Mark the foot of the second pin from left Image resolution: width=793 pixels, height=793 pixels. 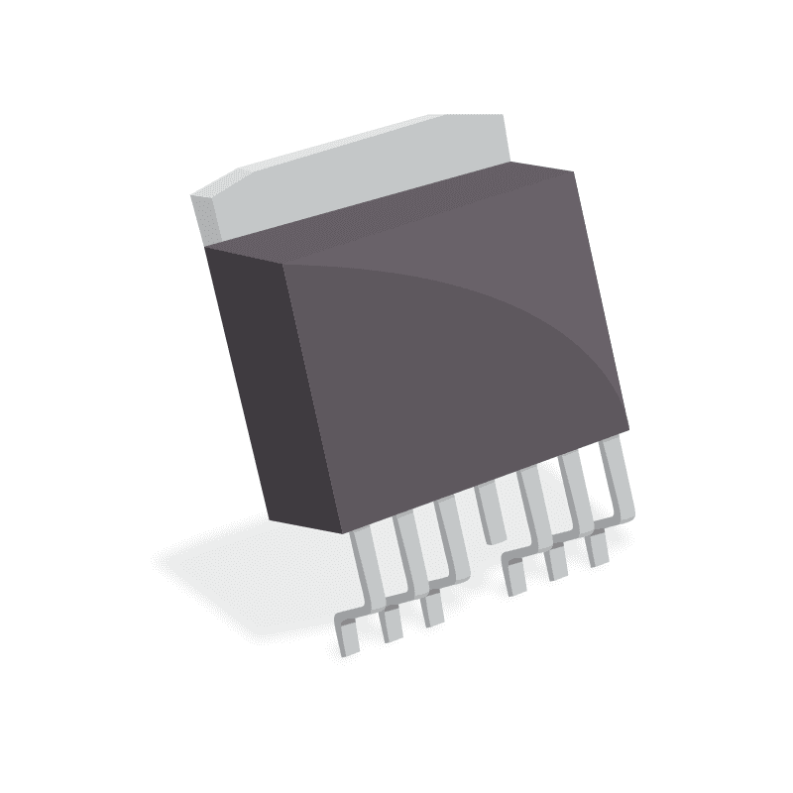[392, 623]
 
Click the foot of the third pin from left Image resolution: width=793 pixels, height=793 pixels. [432, 609]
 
